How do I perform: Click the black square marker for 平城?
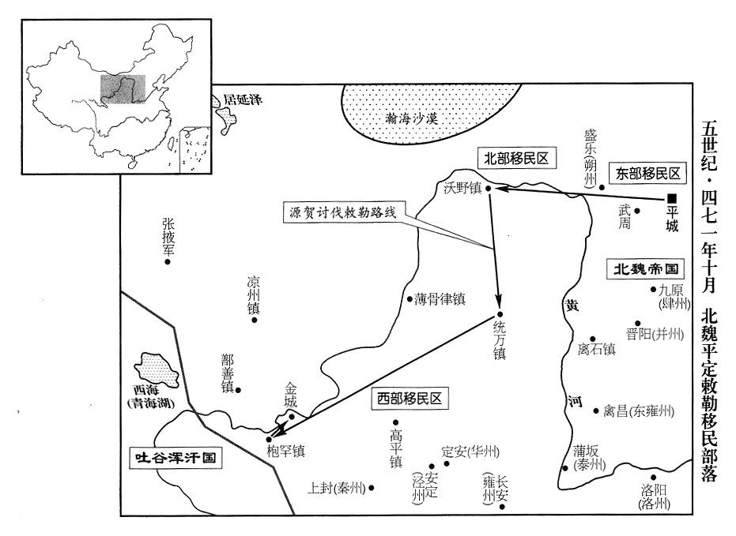(672, 199)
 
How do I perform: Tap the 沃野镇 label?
(462, 189)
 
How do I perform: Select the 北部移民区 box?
(516, 159)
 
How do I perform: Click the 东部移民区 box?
(647, 174)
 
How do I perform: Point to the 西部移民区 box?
(410, 399)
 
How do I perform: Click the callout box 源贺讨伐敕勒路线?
(343, 212)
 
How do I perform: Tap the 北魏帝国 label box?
(646, 269)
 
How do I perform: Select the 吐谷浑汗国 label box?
(176, 457)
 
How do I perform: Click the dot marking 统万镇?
(500, 314)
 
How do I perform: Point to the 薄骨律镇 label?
(440, 299)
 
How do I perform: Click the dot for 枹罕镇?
(269, 440)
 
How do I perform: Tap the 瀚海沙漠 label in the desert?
(412, 118)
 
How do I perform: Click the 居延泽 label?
(243, 99)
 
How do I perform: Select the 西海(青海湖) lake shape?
(157, 369)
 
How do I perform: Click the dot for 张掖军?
(167, 261)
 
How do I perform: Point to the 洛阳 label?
(654, 490)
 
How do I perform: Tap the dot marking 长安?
(502, 507)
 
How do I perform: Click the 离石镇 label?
(597, 349)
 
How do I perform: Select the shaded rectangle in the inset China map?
(123, 89)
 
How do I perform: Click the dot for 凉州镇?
(255, 320)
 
